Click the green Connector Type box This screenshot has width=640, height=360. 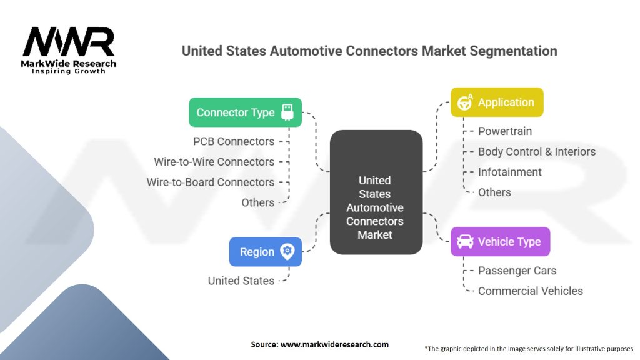coord(245,112)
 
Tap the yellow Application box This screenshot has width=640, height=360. coord(497,102)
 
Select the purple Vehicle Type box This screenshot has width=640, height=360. coord(500,242)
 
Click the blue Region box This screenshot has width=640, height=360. coord(265,252)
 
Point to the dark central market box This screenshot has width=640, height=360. coord(376,192)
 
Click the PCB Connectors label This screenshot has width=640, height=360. coord(234,141)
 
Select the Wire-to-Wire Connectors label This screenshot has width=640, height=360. coord(214,162)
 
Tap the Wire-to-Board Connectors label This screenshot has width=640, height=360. coord(210,182)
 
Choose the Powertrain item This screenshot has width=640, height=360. coord(505,131)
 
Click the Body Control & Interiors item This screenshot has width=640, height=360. coord(537,151)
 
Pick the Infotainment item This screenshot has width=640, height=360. coord(510,172)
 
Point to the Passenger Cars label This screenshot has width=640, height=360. coord(517,271)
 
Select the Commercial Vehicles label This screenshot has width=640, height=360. coord(530,291)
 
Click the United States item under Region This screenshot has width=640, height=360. coord(241,281)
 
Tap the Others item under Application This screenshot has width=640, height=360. coord(494,192)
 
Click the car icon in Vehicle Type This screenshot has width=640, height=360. coord(465,242)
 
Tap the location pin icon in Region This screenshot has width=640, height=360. coord(287,252)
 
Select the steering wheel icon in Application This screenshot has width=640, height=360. coord(465,102)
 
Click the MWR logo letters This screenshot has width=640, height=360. coord(69,41)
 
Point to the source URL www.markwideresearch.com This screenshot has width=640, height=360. coord(334,344)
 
